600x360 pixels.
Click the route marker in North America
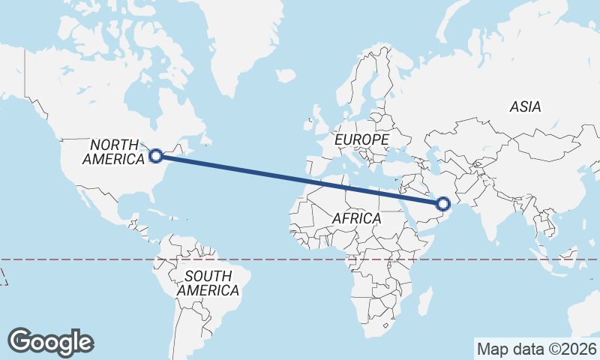click(156, 156)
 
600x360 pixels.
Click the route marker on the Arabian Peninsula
click(443, 203)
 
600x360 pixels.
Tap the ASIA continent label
click(525, 107)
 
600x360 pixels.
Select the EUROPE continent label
click(361, 140)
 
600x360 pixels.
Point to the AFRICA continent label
click(356, 219)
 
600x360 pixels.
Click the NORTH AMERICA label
click(114, 151)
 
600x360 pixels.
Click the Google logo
click(51, 341)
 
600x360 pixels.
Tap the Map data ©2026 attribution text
click(536, 348)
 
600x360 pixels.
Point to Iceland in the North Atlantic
click(285, 75)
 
